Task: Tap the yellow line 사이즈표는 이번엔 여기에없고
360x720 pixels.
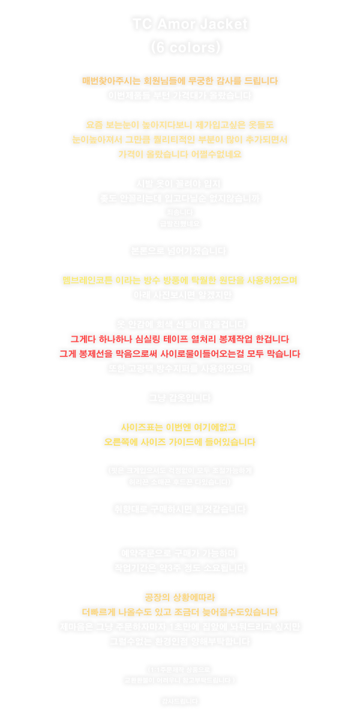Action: [180, 427]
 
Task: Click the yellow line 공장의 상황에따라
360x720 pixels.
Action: [180, 597]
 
